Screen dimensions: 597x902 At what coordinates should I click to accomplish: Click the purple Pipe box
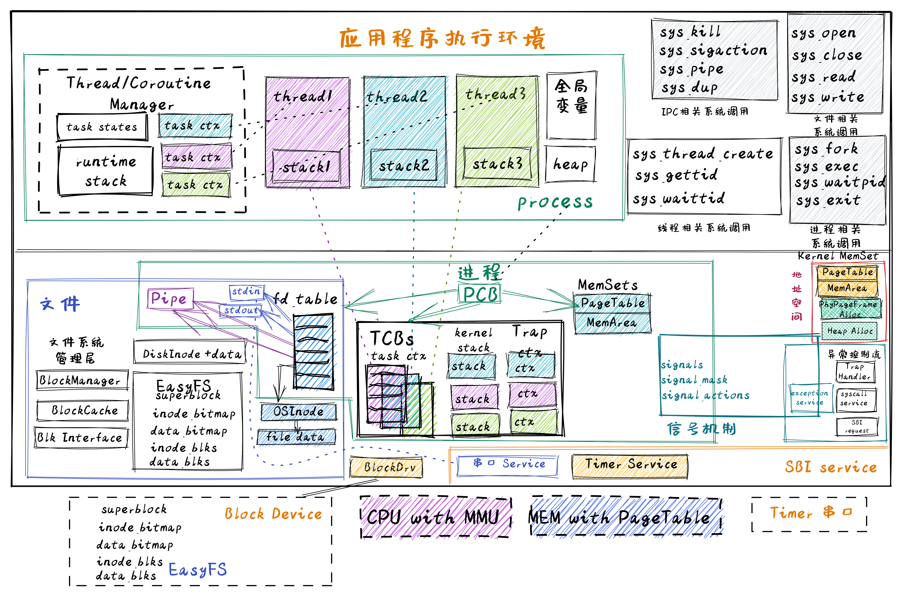[x=170, y=299]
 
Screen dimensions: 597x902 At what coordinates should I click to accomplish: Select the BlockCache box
[x=83, y=410]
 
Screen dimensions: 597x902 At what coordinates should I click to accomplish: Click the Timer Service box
[x=630, y=465]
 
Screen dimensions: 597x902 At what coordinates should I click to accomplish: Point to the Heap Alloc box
[x=849, y=331]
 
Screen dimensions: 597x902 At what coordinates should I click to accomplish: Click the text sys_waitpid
[x=839, y=183]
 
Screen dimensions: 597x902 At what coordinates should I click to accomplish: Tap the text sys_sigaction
[x=713, y=51]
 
